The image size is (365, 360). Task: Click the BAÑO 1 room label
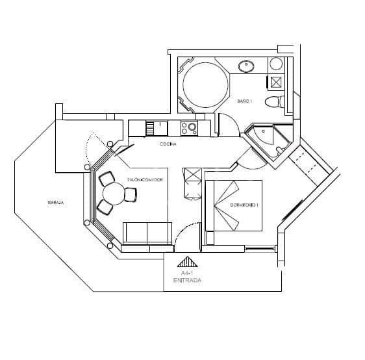pyautogui.click(x=245, y=101)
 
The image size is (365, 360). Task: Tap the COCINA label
pyautogui.click(x=168, y=144)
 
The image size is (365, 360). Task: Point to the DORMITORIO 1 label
pyautogui.click(x=244, y=205)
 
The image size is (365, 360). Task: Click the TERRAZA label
pyautogui.click(x=55, y=203)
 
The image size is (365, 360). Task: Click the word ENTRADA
pyautogui.click(x=187, y=281)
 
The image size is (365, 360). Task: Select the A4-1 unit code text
pyautogui.click(x=186, y=274)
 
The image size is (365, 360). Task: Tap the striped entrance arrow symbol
pyautogui.click(x=187, y=263)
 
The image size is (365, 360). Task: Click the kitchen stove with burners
pyautogui.click(x=189, y=128)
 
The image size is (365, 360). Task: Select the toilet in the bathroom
pyautogui.click(x=275, y=101)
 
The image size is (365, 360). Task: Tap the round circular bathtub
pyautogui.click(x=205, y=84)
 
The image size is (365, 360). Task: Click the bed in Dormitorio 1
pyautogui.click(x=234, y=205)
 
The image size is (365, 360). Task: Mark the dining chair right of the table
pyautogui.click(x=131, y=194)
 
